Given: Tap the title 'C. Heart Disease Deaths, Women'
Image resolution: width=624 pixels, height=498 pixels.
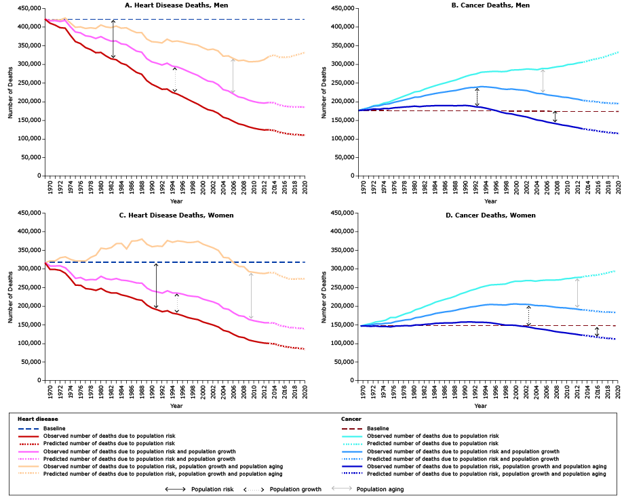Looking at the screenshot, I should pos(176,215).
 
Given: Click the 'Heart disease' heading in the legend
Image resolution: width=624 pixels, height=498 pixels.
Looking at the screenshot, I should pos(39,419).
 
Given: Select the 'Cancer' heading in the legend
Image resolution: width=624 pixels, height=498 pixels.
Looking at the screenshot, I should pos(351,419).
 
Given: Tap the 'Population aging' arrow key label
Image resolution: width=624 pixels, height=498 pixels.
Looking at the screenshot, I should pos(379,489).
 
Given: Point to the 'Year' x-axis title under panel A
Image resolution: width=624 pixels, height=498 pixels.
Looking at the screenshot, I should pos(176,201).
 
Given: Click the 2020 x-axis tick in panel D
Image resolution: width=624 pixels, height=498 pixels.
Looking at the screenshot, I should pos(617,392).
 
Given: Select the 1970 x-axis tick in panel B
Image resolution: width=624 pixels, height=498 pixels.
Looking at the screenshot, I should pos(363,183).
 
